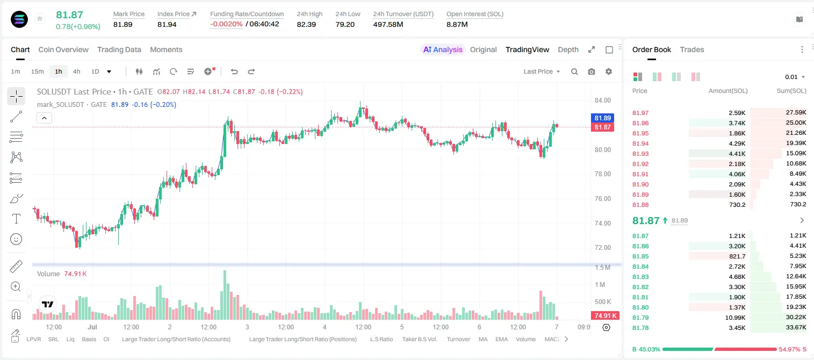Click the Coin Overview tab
click(x=63, y=49)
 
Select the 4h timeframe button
click(x=76, y=71)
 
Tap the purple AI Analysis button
click(x=443, y=49)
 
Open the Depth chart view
click(x=568, y=49)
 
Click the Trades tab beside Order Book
click(x=692, y=49)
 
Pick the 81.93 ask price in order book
click(x=640, y=154)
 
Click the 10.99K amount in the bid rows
click(x=735, y=318)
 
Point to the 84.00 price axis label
click(x=602, y=100)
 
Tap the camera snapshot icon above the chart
click(x=592, y=71)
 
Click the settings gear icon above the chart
click(x=609, y=71)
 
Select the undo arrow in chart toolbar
click(x=234, y=71)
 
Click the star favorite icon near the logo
click(x=40, y=18)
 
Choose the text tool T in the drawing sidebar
click(x=16, y=219)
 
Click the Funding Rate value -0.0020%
click(x=226, y=24)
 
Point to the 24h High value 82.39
click(x=306, y=24)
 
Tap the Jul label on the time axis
click(x=92, y=327)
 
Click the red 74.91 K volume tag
click(x=605, y=316)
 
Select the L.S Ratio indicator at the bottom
click(x=381, y=339)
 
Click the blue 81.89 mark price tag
click(x=602, y=118)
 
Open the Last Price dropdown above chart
click(x=542, y=71)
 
